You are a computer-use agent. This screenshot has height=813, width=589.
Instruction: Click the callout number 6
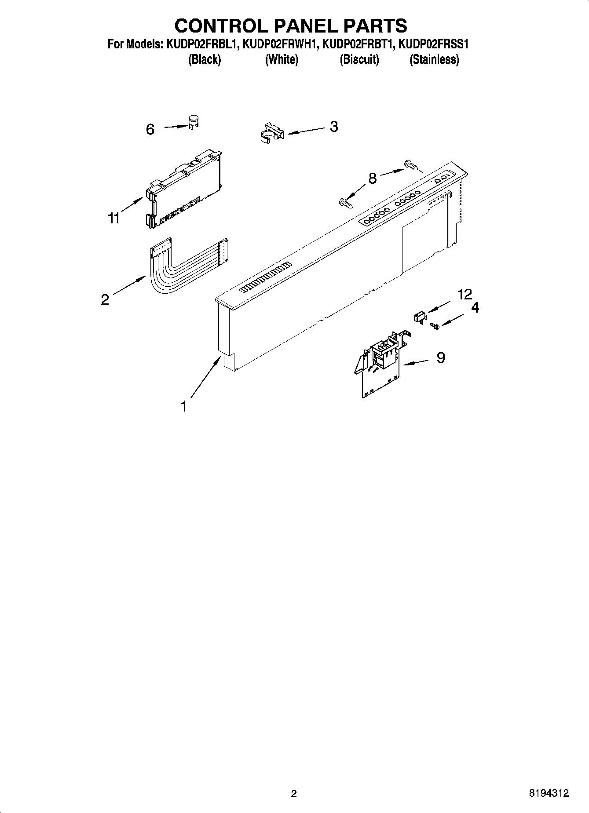tap(150, 129)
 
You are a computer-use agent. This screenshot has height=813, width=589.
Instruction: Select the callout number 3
tap(334, 127)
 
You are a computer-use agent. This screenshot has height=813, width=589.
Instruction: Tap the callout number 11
tap(114, 218)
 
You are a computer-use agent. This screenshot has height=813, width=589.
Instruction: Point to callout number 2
tap(105, 299)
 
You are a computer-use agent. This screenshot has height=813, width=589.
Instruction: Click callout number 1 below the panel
tap(184, 406)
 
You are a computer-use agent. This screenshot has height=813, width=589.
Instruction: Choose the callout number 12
tap(465, 294)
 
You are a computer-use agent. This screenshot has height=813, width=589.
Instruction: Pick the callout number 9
tap(441, 357)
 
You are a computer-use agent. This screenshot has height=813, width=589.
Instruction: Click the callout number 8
tap(372, 179)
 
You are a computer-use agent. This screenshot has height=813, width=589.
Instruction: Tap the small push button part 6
tap(193, 121)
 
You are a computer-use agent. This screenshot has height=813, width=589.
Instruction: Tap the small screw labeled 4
tap(435, 326)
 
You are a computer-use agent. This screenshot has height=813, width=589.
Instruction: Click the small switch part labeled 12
tap(420, 316)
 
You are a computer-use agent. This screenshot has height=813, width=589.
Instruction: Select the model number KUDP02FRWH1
tap(281, 44)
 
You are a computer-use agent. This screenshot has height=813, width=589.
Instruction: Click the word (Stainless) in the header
tap(434, 59)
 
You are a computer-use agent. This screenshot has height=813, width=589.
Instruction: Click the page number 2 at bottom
tap(294, 794)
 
